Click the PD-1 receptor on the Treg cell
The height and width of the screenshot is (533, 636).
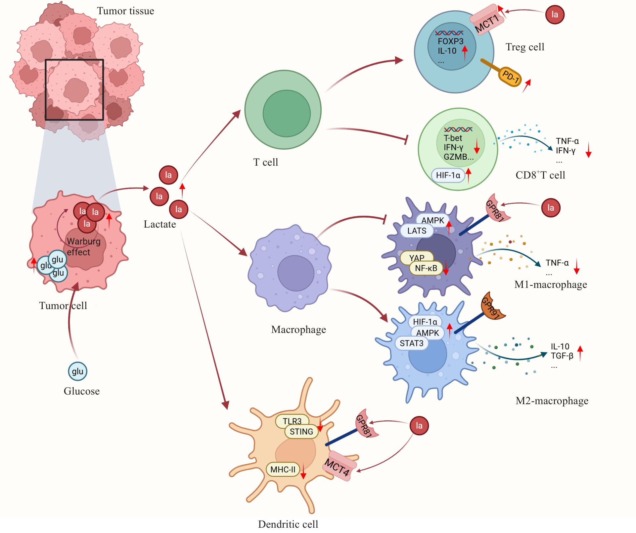pyautogui.click(x=510, y=77)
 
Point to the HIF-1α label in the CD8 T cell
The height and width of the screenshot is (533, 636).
pyautogui.click(x=448, y=175)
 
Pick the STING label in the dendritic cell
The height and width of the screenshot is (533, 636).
pyautogui.click(x=301, y=432)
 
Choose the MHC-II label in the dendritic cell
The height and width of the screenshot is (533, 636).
pyautogui.click(x=283, y=469)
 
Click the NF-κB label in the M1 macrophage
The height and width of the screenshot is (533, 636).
pyautogui.click(x=426, y=268)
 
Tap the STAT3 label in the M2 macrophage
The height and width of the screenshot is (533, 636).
pyautogui.click(x=411, y=343)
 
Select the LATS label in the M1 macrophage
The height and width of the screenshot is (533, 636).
pyautogui.click(x=417, y=231)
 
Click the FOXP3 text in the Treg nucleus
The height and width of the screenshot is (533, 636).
pyautogui.click(x=450, y=41)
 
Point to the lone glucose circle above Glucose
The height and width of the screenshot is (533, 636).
pyautogui.click(x=78, y=371)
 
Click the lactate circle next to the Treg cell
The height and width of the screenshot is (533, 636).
pyautogui.click(x=555, y=15)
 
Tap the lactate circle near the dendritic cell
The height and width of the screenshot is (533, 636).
pyautogui.click(x=419, y=426)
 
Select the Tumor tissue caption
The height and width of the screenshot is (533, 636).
pyautogui.click(x=125, y=11)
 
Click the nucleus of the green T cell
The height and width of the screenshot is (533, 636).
pyautogui.click(x=287, y=114)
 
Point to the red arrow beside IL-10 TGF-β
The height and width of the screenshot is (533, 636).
pyautogui.click(x=580, y=353)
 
